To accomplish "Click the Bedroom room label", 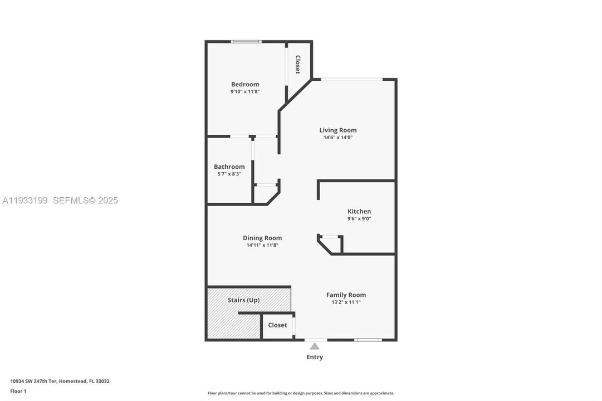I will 245,84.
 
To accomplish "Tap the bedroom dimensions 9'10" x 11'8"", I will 245,91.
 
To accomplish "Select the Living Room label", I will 337,130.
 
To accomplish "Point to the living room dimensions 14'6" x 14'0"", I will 337,137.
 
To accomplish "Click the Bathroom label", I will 229,167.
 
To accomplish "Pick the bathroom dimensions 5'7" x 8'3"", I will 229,174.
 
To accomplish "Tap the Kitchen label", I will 359,211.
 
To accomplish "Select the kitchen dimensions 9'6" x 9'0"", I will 359,218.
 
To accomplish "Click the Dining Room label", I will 262,238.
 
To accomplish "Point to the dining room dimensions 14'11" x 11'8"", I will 262,245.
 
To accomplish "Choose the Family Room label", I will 346,295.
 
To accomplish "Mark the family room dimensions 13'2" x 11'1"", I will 346,302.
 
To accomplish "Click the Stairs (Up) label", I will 243,300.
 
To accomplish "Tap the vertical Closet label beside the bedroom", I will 297,65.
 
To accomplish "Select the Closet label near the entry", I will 277,325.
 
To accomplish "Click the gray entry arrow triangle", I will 315,346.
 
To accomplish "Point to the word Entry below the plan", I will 315,357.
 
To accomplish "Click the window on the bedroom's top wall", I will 246,41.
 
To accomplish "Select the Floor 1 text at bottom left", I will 18,391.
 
